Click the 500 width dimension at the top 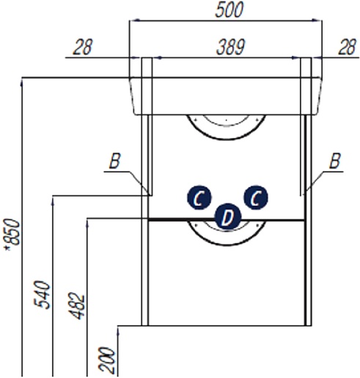click(x=229, y=10)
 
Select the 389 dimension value click(x=230, y=47)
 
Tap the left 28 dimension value click(x=83, y=47)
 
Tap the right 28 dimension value click(x=347, y=47)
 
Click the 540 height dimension click(x=42, y=295)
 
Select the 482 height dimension click(x=76, y=305)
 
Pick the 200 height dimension click(x=106, y=360)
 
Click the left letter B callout click(x=114, y=161)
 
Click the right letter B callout click(x=334, y=161)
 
